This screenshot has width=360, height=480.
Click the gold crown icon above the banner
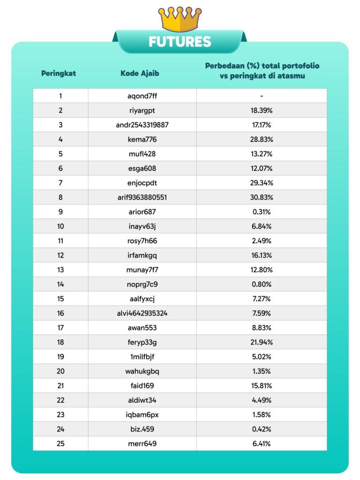[180, 19]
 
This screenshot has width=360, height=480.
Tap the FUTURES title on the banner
[180, 42]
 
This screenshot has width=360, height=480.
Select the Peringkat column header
[59, 73]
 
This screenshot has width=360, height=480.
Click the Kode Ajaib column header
[140, 73]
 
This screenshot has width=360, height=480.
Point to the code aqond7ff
[142, 96]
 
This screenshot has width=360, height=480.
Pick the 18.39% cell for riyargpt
[262, 111]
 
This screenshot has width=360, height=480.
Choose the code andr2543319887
[142, 125]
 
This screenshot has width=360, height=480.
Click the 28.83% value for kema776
[262, 140]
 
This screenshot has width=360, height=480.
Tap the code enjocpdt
[142, 183]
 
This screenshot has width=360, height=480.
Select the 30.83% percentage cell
[262, 197]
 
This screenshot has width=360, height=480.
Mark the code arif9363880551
[142, 197]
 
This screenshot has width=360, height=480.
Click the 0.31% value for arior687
[262, 212]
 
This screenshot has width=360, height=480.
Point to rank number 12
[60, 255]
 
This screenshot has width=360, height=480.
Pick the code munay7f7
[142, 270]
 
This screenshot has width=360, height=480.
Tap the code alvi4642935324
[142, 313]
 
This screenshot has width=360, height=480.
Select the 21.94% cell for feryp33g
[262, 342]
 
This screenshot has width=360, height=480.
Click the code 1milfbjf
[142, 357]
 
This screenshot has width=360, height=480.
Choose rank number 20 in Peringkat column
[60, 371]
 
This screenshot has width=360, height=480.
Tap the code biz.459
[142, 429]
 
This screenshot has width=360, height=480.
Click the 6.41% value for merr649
[262, 443]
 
